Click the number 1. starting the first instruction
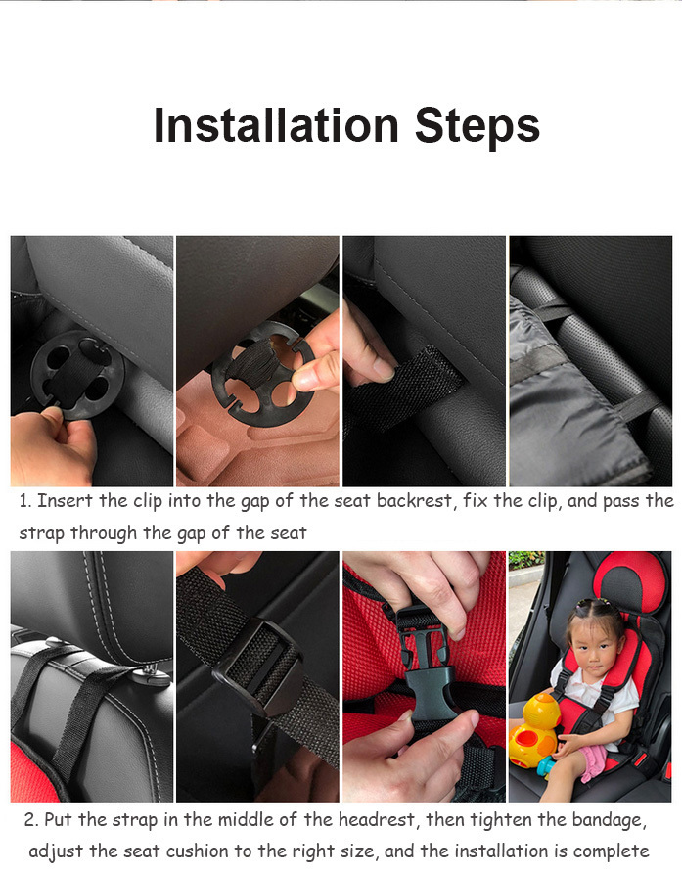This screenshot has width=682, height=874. [24, 501]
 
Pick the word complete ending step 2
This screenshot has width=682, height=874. [612, 851]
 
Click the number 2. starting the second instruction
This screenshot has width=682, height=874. [32, 819]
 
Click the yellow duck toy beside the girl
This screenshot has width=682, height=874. [535, 729]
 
